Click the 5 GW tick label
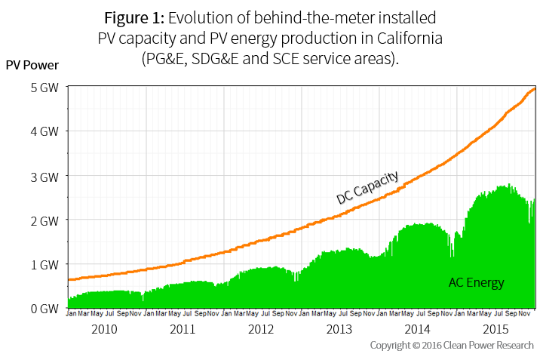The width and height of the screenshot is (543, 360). coord(44,87)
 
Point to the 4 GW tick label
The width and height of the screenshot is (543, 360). coord(44,131)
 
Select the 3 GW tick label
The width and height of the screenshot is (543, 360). coord(44,176)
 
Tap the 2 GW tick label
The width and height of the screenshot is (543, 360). coord(44,220)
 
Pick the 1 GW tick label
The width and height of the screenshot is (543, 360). coord(44,264)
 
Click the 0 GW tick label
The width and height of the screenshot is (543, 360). coord(44,309)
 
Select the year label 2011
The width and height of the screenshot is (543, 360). coord(183,329)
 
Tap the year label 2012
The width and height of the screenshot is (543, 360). coord(261,329)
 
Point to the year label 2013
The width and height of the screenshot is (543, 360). coord(339,329)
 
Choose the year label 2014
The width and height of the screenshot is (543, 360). coord(417,329)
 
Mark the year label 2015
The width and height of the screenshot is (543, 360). coord(495,329)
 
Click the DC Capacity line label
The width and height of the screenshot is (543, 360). coord(367,187)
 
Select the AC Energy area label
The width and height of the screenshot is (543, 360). coord(476,283)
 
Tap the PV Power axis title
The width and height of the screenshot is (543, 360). coord(32,65)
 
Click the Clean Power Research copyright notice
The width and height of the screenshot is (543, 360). coord(452,345)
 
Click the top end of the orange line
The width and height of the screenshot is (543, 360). coord(534,89)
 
